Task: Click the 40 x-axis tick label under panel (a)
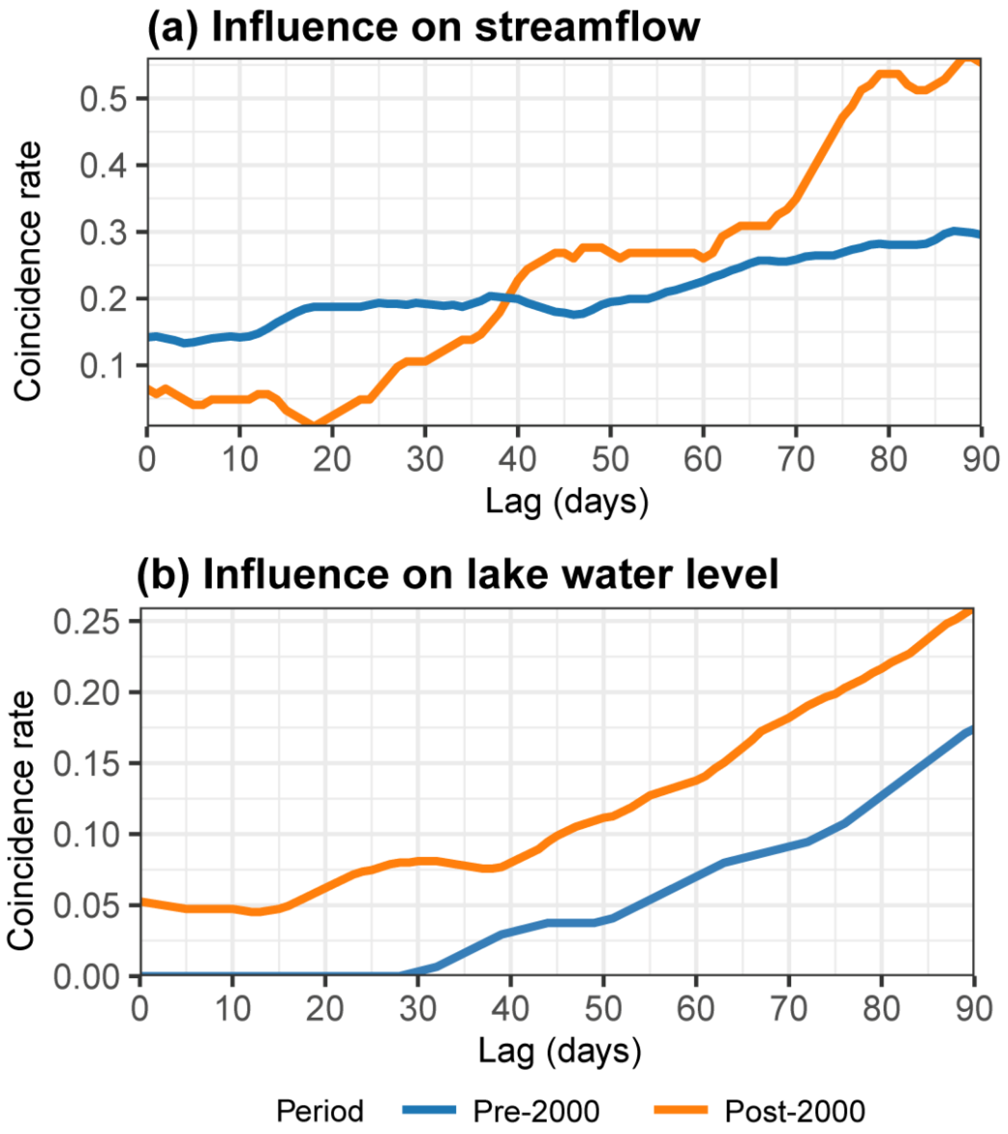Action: point(517,460)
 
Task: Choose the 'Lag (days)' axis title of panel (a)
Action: point(566,502)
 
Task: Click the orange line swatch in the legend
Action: point(681,1110)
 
